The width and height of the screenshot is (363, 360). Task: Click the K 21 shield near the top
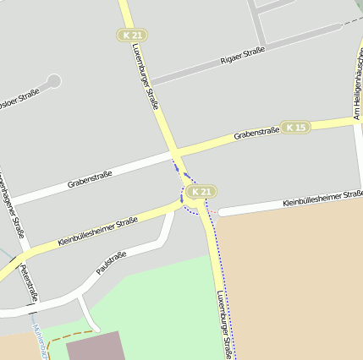click(132, 35)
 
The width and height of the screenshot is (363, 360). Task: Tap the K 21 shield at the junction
click(200, 192)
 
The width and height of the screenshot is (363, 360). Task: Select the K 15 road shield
click(295, 127)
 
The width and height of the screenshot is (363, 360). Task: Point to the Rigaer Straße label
click(242, 55)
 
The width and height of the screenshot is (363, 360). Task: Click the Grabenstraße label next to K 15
click(256, 133)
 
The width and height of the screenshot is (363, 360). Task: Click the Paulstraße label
click(111, 263)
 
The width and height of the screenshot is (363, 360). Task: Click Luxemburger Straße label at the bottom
click(223, 325)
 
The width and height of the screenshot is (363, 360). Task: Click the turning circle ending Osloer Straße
click(54, 81)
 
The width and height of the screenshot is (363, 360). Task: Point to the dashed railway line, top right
click(350, 20)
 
